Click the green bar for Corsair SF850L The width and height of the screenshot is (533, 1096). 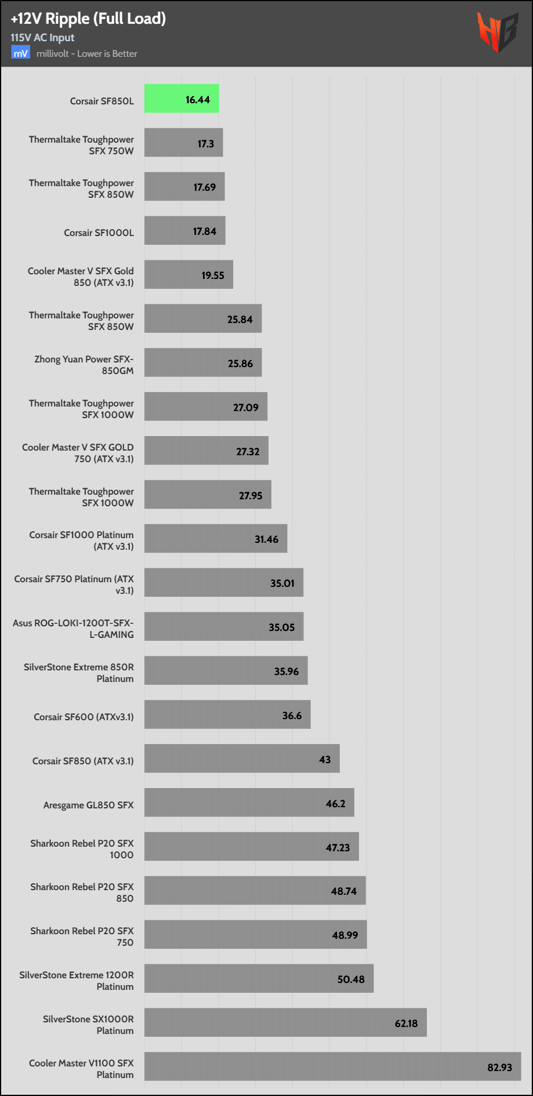(x=182, y=99)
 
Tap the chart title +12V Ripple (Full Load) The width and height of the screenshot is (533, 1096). (x=88, y=19)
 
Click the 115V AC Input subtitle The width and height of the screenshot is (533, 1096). (x=42, y=38)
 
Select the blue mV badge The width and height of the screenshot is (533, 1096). (x=20, y=53)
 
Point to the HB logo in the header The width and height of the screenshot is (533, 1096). (x=497, y=32)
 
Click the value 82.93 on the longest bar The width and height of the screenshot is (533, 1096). (x=499, y=1067)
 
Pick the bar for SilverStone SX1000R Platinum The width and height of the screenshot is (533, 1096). (x=285, y=1022)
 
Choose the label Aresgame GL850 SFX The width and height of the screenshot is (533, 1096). (x=88, y=805)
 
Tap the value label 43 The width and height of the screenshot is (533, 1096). (x=325, y=759)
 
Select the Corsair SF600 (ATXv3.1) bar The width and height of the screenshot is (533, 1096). (x=227, y=714)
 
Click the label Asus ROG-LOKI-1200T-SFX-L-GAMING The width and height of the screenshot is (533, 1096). (x=74, y=629)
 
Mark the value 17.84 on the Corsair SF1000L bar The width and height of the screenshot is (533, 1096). (x=204, y=231)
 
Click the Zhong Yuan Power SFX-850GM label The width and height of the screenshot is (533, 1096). (x=84, y=365)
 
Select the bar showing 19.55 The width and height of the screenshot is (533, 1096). (x=188, y=274)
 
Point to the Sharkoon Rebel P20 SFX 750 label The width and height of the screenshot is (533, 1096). (x=82, y=937)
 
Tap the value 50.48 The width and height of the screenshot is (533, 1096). (x=351, y=979)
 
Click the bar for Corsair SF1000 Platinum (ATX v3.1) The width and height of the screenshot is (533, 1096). (x=216, y=538)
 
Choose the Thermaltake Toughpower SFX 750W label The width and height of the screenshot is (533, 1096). (x=82, y=145)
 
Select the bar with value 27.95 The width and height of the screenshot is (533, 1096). (x=208, y=494)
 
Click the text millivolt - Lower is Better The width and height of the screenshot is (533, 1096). (x=87, y=54)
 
